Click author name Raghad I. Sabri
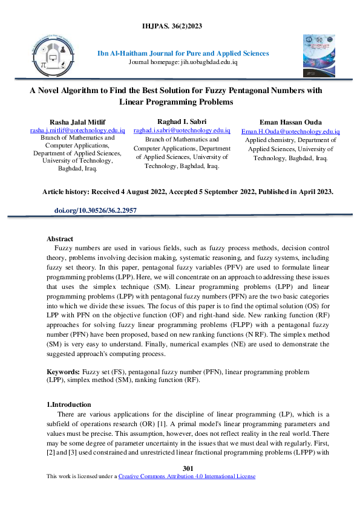182,122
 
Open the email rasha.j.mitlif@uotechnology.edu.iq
77,131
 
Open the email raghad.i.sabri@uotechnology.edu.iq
182,130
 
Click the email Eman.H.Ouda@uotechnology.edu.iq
290,131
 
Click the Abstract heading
60,239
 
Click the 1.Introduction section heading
69,404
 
